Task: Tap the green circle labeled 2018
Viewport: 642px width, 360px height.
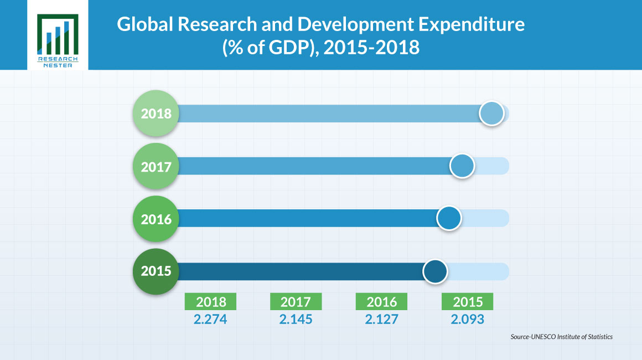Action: (156, 114)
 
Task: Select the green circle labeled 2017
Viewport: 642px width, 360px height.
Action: (156, 167)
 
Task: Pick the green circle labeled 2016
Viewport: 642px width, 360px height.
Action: (156, 219)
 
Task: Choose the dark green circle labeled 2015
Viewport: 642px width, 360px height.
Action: (156, 271)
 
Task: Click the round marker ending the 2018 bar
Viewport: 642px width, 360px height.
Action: (491, 114)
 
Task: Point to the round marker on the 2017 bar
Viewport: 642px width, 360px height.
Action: (462, 166)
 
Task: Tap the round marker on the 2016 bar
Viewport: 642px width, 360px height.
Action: (449, 219)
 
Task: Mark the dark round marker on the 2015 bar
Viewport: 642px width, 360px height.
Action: (435, 271)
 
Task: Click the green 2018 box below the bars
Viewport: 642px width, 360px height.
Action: (211, 302)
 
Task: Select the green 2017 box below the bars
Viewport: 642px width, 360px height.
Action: (296, 302)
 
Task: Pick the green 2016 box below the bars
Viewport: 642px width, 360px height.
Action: (381, 302)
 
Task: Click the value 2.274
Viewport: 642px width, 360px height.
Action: (211, 320)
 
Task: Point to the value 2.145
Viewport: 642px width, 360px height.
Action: (296, 320)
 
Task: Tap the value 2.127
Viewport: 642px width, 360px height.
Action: (381, 320)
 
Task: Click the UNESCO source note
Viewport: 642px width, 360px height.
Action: (561, 337)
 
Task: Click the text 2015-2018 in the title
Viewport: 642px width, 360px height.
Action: (371, 49)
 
